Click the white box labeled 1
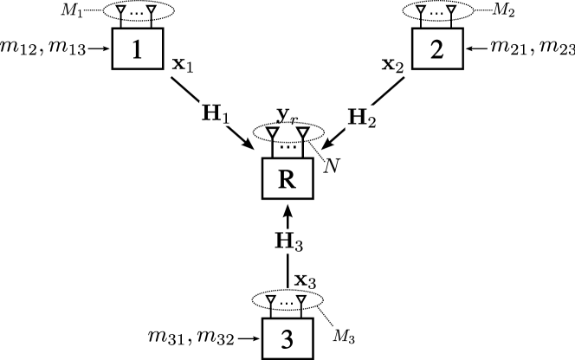138,48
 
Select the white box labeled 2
437,48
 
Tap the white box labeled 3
287,339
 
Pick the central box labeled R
287,179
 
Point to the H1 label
215,113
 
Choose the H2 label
361,118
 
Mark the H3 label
288,241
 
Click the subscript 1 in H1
225,118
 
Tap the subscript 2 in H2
371,122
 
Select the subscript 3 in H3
298,247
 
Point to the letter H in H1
210,112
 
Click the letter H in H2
356,117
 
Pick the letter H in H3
283,241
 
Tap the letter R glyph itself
287,180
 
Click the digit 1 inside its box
137,49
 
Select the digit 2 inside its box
437,49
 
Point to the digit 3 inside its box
287,340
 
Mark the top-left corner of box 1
114,30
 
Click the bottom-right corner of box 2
461,67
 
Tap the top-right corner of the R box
310,161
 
